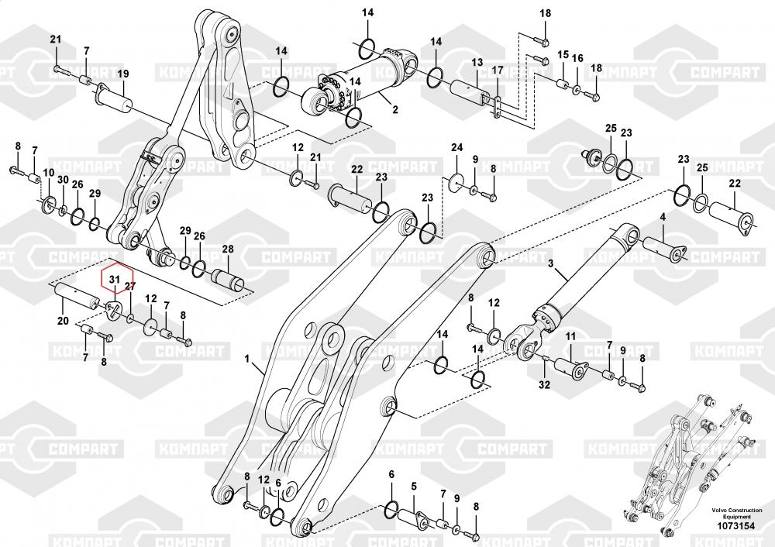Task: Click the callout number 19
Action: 123,74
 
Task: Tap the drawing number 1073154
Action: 736,526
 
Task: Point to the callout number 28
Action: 228,249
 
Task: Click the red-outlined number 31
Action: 115,279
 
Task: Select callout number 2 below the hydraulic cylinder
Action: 395,109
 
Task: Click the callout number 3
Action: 551,264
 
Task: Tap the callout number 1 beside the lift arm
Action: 248,359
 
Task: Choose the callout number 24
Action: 456,147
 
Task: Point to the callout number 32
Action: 544,384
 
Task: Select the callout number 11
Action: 571,336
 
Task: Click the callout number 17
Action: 498,71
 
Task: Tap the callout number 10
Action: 48,173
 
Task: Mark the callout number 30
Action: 63,180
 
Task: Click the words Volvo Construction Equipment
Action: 736,513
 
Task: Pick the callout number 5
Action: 414,487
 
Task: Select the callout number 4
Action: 663,217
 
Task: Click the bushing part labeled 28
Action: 228,277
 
